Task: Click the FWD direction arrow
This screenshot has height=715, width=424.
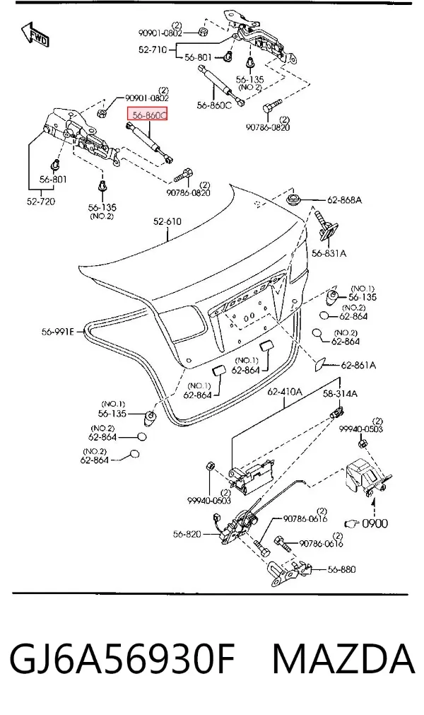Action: click(x=35, y=34)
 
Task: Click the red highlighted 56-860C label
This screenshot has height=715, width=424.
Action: click(x=147, y=115)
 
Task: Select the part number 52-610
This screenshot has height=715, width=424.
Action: click(x=167, y=222)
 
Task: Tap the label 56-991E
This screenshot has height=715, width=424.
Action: click(x=57, y=332)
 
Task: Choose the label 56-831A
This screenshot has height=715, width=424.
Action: click(x=329, y=253)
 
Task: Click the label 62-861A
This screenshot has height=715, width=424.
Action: click(x=358, y=365)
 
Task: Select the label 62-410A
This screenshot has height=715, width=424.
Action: click(x=285, y=392)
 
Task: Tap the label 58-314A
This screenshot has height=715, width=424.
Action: click(x=340, y=393)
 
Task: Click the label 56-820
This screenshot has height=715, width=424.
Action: click(x=187, y=534)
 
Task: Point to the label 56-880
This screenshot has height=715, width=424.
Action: click(x=341, y=569)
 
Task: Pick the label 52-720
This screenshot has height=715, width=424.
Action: click(x=40, y=201)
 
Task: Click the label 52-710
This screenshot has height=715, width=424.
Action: click(x=153, y=50)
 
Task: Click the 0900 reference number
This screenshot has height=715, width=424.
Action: click(x=375, y=523)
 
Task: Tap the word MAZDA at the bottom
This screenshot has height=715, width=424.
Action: click(x=344, y=659)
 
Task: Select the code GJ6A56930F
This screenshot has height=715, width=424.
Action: click(x=122, y=659)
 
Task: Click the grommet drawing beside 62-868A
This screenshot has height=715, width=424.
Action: click(x=294, y=199)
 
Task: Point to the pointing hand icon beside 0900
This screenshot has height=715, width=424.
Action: click(x=352, y=523)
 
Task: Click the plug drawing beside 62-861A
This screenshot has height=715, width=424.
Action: click(x=319, y=364)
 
